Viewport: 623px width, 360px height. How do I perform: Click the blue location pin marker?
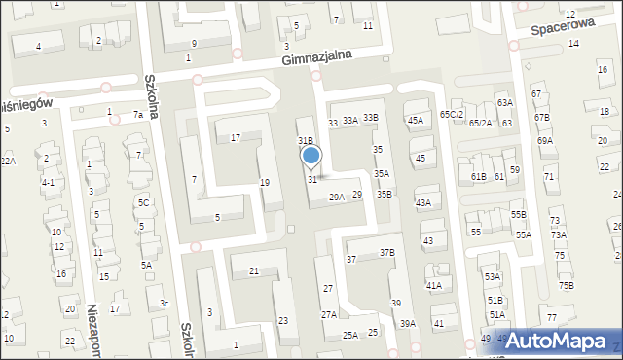pyautogui.click(x=311, y=156)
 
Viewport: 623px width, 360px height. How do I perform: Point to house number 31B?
pyautogui.click(x=305, y=141)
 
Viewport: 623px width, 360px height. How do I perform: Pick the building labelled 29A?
pyautogui.click(x=336, y=197)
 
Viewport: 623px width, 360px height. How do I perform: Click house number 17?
pyautogui.click(x=235, y=138)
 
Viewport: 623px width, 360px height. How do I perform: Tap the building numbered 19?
pyautogui.click(x=264, y=183)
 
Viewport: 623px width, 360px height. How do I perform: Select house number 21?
pyautogui.click(x=254, y=270)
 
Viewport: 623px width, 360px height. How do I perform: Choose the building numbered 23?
pyautogui.click(x=282, y=320)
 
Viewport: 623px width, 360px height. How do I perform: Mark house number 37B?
pyautogui.click(x=387, y=252)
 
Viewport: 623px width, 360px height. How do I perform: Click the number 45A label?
pyautogui.click(x=416, y=120)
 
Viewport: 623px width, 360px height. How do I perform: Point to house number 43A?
pyautogui.click(x=422, y=202)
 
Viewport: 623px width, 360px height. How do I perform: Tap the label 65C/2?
pyautogui.click(x=452, y=114)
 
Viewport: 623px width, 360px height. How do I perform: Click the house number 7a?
pyautogui.click(x=138, y=115)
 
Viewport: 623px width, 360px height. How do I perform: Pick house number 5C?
pyautogui.click(x=143, y=202)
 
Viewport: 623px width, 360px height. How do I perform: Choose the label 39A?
pyautogui.click(x=407, y=323)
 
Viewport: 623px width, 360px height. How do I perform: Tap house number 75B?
pyautogui.click(x=566, y=285)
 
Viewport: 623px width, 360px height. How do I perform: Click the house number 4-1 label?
pyautogui.click(x=48, y=182)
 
